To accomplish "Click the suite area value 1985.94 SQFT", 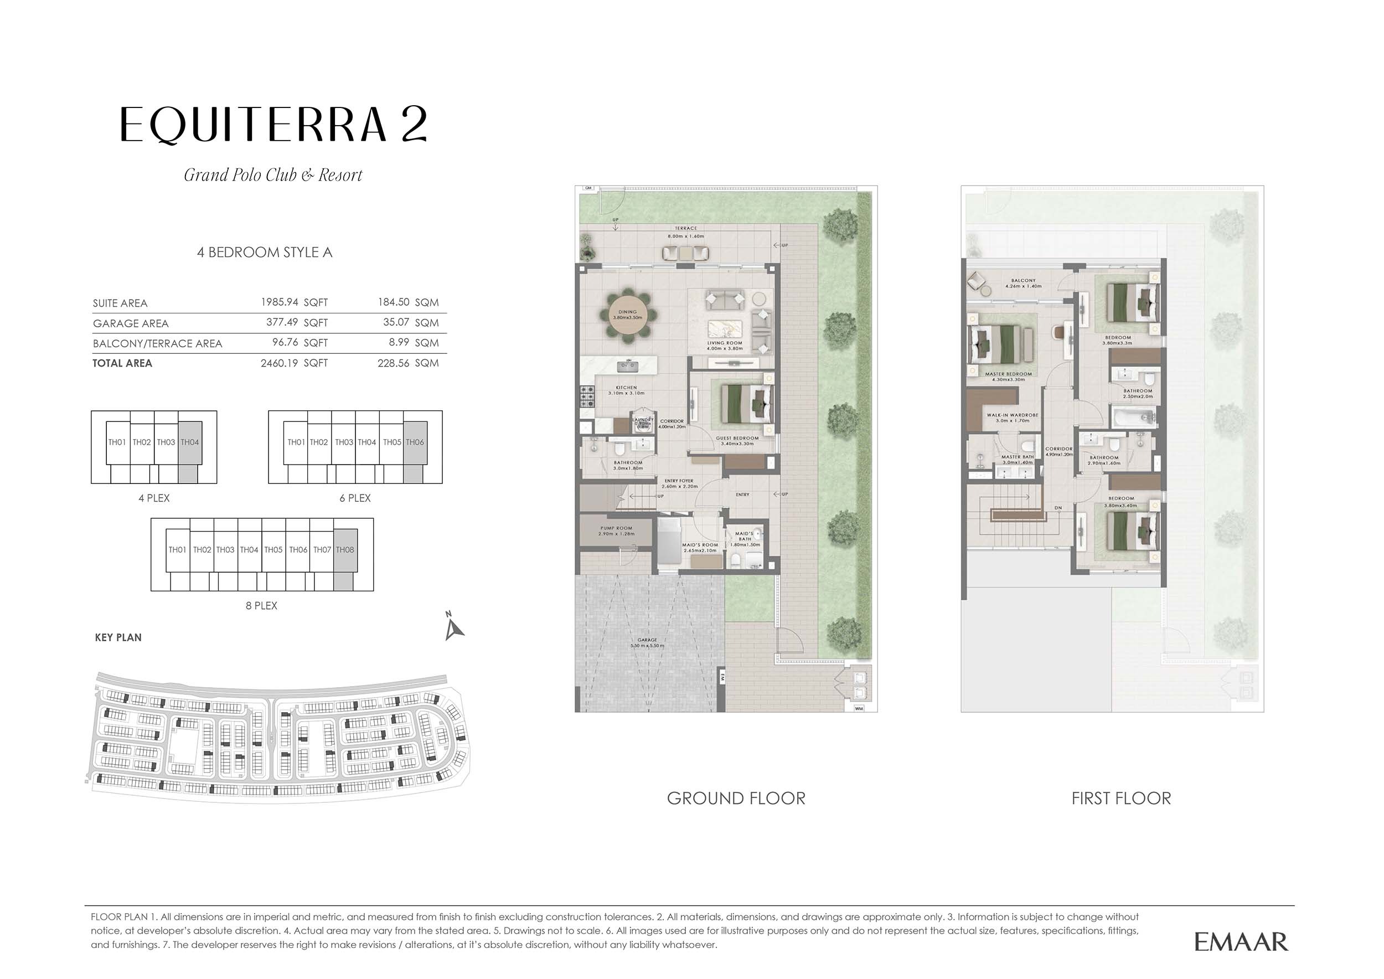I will (293, 302).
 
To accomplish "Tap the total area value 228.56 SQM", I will (408, 363).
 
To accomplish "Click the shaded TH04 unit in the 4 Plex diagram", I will (190, 442).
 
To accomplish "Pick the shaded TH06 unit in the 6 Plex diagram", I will (415, 442).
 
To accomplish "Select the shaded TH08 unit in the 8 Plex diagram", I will (345, 550).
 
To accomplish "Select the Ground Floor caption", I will (735, 798).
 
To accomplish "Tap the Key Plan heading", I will (118, 637).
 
